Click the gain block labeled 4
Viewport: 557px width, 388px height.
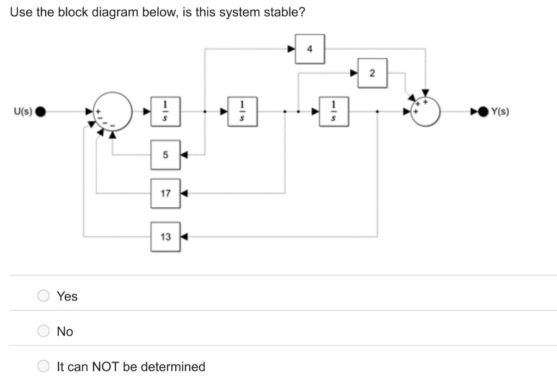pyautogui.click(x=310, y=49)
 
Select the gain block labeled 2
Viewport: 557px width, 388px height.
pyautogui.click(x=372, y=73)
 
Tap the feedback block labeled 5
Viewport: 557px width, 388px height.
pyautogui.click(x=165, y=155)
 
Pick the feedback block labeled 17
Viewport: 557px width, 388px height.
pyautogui.click(x=165, y=193)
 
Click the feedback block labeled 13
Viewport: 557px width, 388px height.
pyautogui.click(x=165, y=237)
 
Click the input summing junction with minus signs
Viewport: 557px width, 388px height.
pyautogui.click(x=113, y=112)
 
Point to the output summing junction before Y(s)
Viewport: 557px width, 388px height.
pyautogui.click(x=426, y=112)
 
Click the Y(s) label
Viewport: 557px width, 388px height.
pyautogui.click(x=500, y=112)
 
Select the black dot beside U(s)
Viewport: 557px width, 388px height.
pyautogui.click(x=41, y=112)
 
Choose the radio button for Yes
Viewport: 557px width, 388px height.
pyautogui.click(x=44, y=296)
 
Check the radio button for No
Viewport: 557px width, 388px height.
pyautogui.click(x=44, y=331)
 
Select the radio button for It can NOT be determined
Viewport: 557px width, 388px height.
pyautogui.click(x=44, y=366)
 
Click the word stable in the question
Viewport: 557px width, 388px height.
pyautogui.click(x=281, y=12)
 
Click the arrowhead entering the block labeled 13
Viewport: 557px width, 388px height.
pyautogui.click(x=184, y=237)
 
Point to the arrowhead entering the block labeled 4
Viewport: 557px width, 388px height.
pyautogui.click(x=292, y=49)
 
